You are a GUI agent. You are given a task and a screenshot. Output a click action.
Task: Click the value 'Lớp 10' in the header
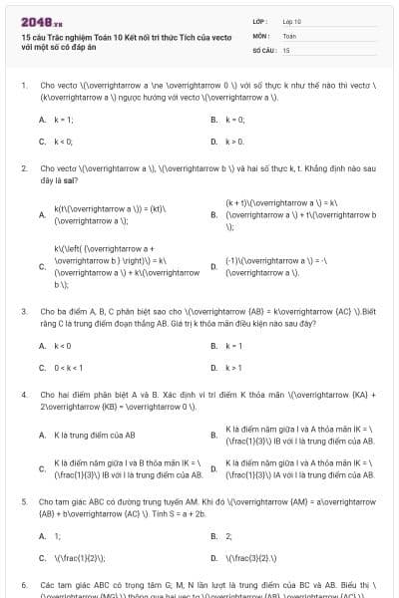pos(292,20)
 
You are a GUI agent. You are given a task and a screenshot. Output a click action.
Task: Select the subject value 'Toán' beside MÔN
pos(289,34)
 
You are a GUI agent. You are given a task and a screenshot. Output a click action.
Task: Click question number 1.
pos(23,85)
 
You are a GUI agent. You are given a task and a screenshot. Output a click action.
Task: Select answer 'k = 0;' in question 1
pos(235,119)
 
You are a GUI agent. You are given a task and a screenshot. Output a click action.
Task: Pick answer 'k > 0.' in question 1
pos(235,142)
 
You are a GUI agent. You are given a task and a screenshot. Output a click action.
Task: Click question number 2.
pos(23,168)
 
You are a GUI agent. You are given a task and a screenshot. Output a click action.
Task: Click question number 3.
pos(23,311)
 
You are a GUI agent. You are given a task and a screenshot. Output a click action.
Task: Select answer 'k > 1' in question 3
pos(234,368)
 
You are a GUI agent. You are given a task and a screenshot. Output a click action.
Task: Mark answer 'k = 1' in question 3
pos(234,345)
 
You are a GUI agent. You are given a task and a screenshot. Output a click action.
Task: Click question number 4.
pos(23,395)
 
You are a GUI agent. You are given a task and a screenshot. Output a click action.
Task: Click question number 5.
pos(23,501)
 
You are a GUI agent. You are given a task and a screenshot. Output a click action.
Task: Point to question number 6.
pos(23,584)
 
